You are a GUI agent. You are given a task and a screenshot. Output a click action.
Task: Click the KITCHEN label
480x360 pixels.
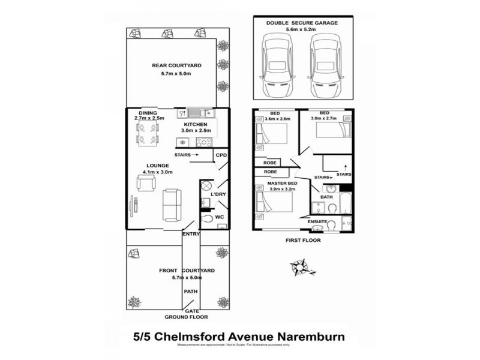(196, 124)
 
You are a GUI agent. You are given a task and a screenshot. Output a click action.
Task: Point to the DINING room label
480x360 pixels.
(148, 113)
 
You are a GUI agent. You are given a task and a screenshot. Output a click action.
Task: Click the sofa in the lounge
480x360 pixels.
(171, 204)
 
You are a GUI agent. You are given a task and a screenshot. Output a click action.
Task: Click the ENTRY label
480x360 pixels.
(191, 234)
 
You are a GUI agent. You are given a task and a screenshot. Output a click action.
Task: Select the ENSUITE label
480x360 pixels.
(317, 221)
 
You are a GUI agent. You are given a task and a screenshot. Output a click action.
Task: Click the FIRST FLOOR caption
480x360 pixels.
(303, 240)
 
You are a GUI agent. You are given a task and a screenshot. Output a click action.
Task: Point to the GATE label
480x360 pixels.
(191, 311)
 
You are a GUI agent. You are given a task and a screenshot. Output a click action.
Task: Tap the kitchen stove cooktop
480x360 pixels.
(204, 142)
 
